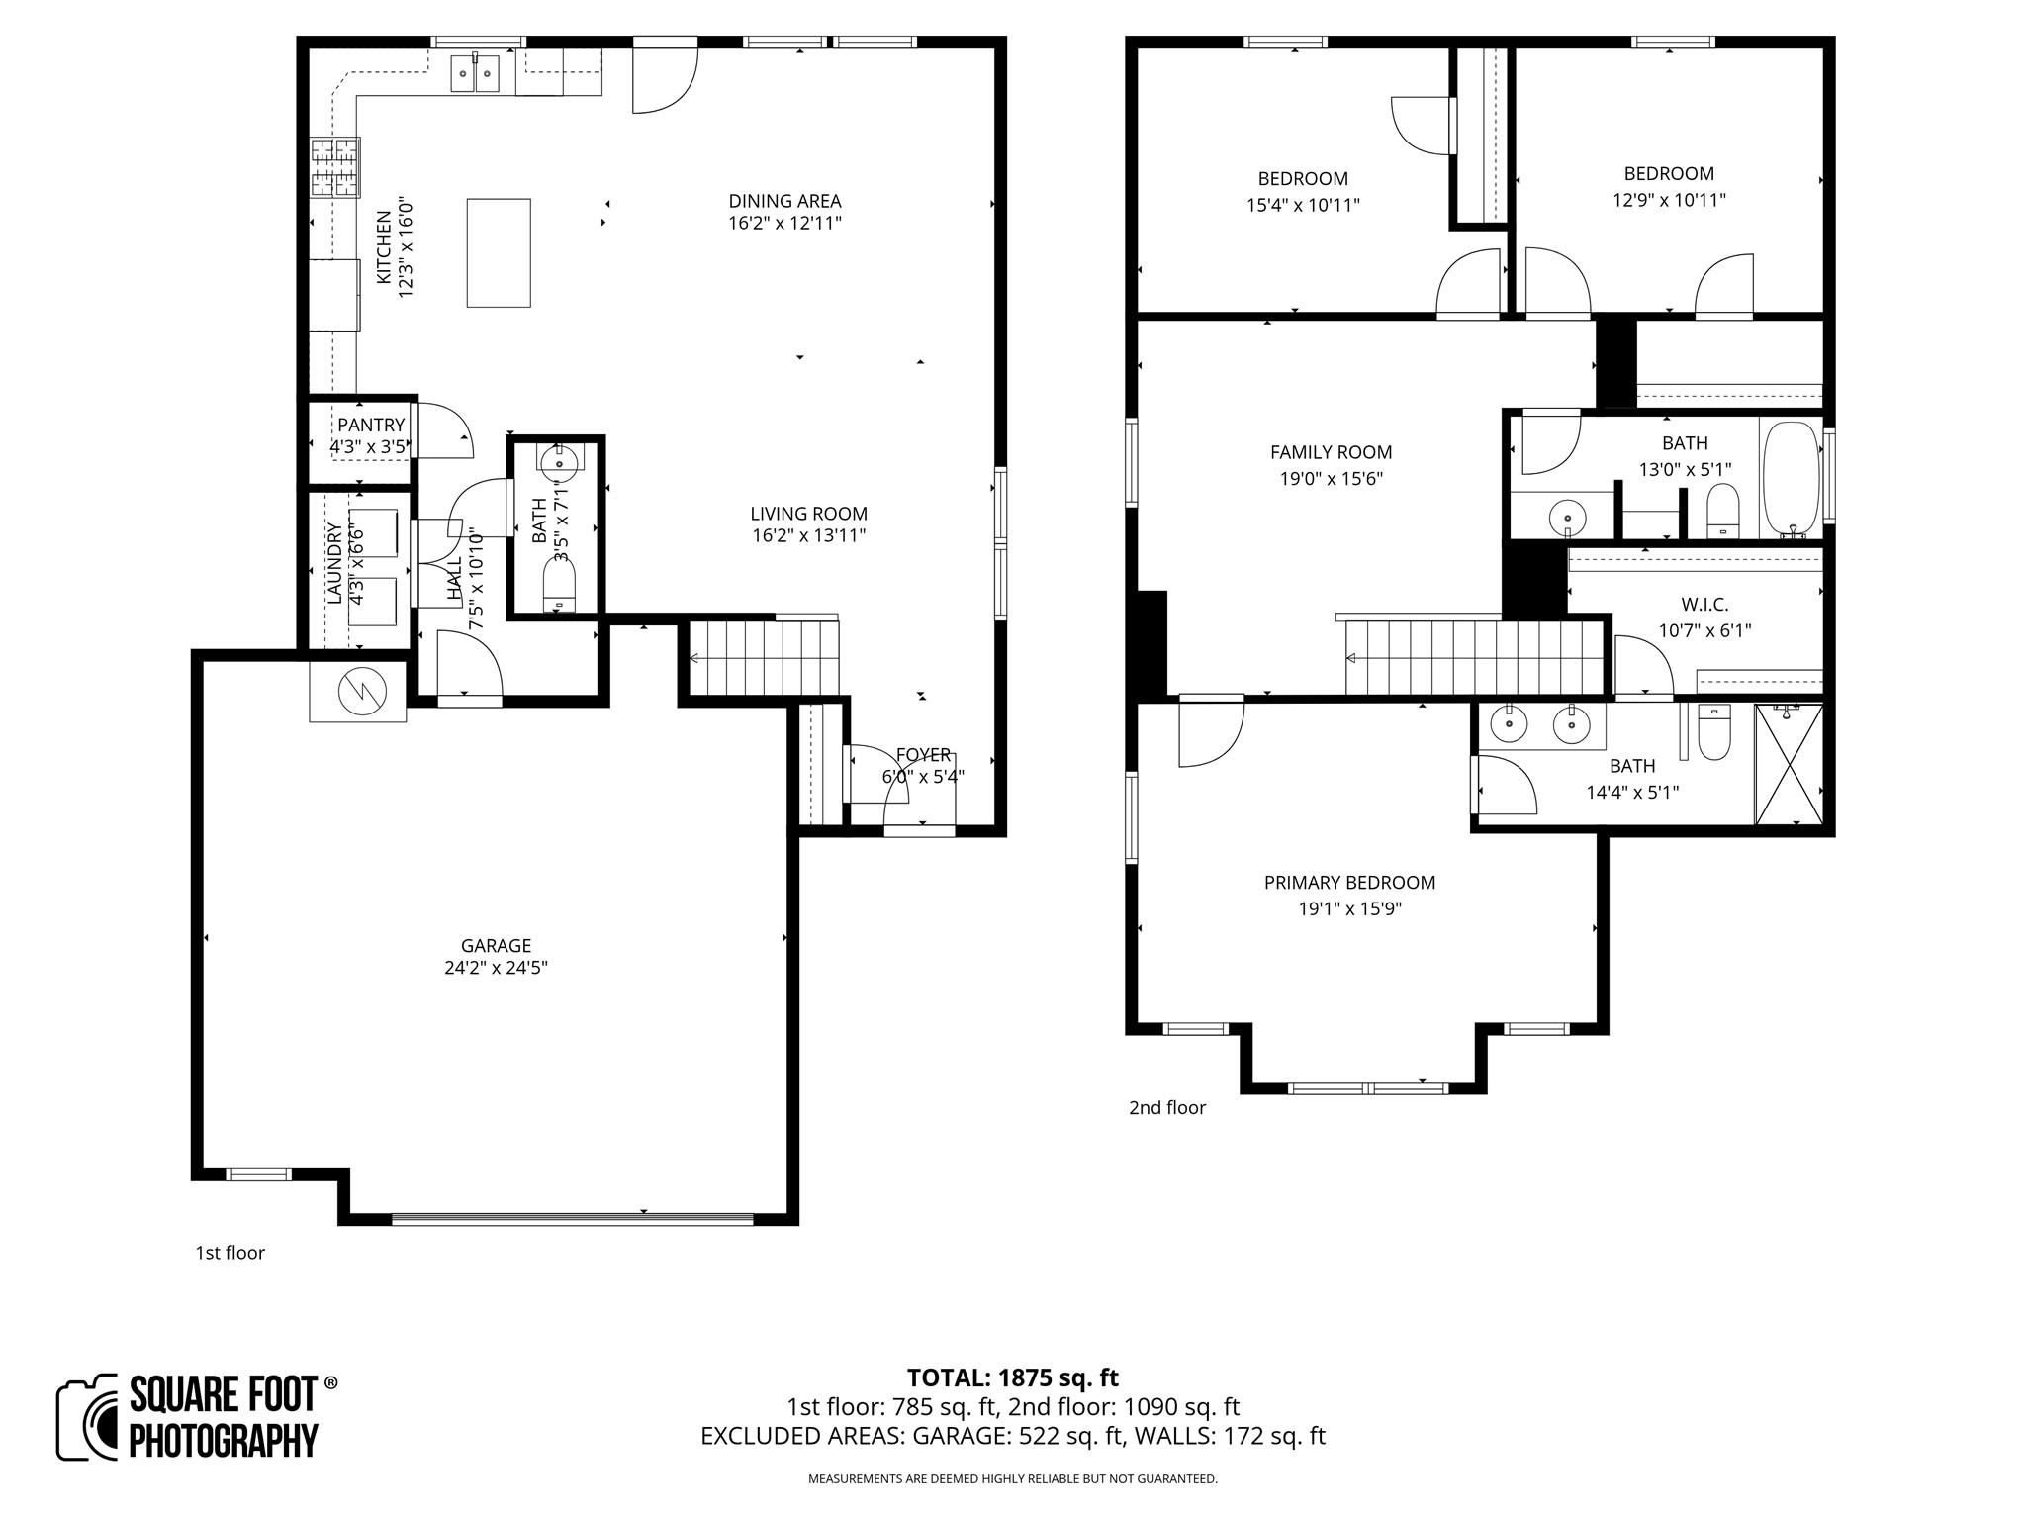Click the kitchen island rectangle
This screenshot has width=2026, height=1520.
[x=499, y=252]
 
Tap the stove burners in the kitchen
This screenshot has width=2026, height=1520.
[x=335, y=167]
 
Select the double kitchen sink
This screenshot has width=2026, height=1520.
[x=476, y=73]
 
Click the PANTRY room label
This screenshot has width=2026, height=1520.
[x=371, y=426]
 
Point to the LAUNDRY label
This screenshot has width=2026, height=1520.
[x=333, y=564]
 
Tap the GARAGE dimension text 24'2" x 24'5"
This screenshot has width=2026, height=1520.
[x=496, y=968]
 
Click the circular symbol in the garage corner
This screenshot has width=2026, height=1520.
[x=357, y=692]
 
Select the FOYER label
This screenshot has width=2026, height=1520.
[x=923, y=755]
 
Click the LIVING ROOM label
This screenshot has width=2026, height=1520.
[x=808, y=514]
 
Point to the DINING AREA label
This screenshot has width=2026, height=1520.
[x=784, y=201]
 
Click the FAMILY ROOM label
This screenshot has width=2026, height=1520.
[x=1331, y=452]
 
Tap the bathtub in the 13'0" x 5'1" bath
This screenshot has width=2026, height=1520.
[x=1791, y=479]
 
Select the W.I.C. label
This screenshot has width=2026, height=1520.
[x=1704, y=605]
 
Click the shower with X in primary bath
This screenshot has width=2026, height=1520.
[x=1789, y=764]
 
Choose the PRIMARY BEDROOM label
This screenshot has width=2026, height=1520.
[x=1349, y=882]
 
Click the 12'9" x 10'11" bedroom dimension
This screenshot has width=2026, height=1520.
[x=1669, y=200]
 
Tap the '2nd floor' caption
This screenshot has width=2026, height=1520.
[x=1167, y=1108]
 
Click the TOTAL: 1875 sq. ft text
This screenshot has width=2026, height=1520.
[x=1012, y=1377]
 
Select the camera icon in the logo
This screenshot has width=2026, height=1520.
[x=88, y=1417]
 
